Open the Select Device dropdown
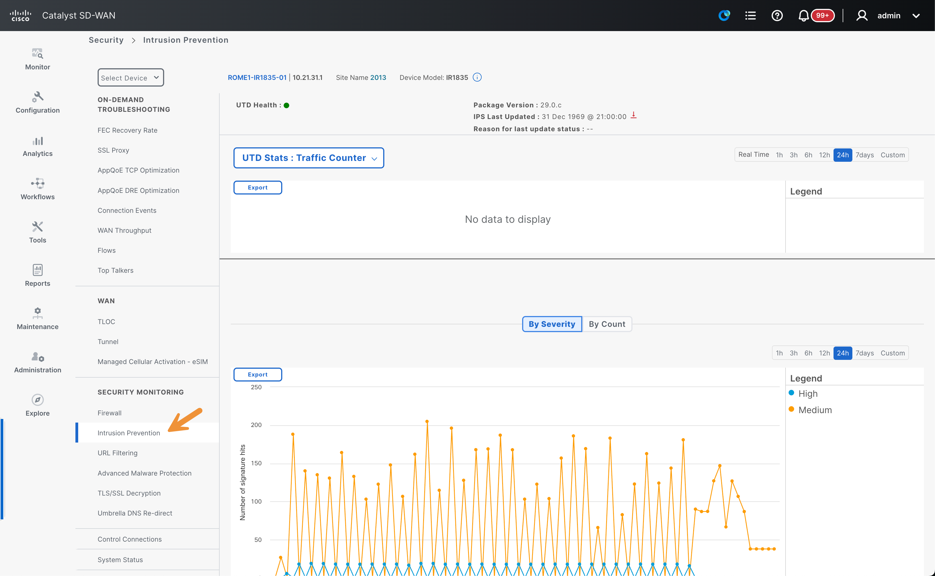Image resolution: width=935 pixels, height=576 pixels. click(x=131, y=78)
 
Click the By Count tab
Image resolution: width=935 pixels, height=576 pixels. click(x=607, y=324)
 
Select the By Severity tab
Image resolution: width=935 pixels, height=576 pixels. click(x=552, y=324)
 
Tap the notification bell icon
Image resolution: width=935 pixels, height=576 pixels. click(x=803, y=16)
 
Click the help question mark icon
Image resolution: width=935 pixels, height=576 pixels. click(x=777, y=16)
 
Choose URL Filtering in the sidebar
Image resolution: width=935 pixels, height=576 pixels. click(x=117, y=453)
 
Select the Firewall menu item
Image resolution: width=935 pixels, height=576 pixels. click(x=109, y=413)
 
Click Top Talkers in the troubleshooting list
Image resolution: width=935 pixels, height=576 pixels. click(x=115, y=271)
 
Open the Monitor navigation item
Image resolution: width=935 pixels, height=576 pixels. click(x=37, y=59)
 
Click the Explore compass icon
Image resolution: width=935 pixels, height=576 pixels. click(x=37, y=400)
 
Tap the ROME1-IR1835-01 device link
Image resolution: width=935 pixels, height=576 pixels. click(x=257, y=78)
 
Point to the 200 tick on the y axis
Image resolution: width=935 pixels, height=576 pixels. click(x=256, y=425)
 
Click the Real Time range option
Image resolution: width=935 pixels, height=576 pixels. click(x=753, y=155)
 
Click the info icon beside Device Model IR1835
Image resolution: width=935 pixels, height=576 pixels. click(x=477, y=77)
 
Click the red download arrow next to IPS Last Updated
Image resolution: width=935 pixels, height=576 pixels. click(x=634, y=115)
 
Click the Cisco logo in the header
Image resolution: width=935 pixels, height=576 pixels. click(x=21, y=16)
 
